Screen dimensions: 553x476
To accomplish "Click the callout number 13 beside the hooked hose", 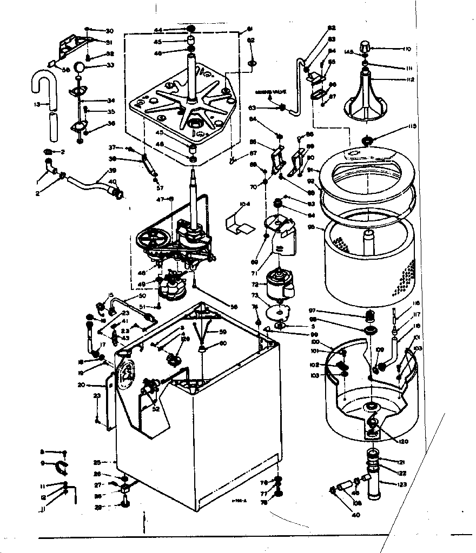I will (x=37, y=104).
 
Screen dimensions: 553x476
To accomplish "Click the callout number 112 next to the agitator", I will (x=411, y=79).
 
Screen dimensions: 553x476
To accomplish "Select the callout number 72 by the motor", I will (x=255, y=284).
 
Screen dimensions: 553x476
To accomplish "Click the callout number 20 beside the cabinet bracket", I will (x=81, y=385).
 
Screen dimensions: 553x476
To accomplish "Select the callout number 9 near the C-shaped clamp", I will (x=43, y=463).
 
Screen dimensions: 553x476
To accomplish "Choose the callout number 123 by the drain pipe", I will (x=402, y=484).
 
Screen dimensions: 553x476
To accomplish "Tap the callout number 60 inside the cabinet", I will (x=222, y=343).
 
